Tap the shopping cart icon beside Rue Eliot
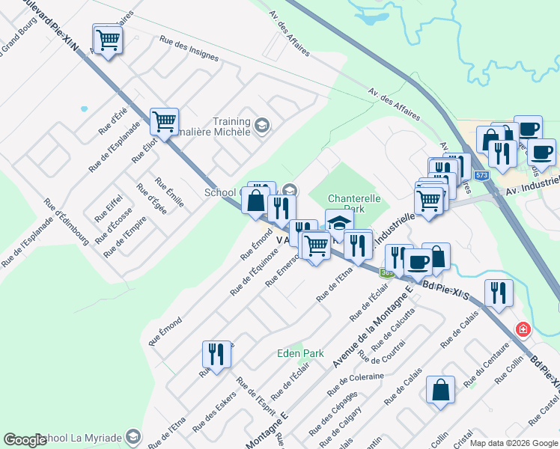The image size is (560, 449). coord(163,120)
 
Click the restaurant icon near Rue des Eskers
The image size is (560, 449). coord(216,355)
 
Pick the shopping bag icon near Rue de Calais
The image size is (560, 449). coord(440,389)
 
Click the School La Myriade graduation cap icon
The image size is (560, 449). coord(133,436)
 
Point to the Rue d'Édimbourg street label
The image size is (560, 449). coord(67,222)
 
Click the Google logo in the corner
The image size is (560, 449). coord(25,440)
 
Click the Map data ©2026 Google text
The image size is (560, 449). coord(514,443)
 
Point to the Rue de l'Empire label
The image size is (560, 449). coord(120,239)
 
